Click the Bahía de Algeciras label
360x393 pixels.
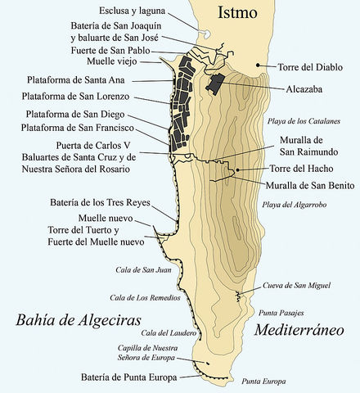(78, 318)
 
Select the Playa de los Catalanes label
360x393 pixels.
(308, 121)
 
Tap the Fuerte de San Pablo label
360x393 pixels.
(122, 49)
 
